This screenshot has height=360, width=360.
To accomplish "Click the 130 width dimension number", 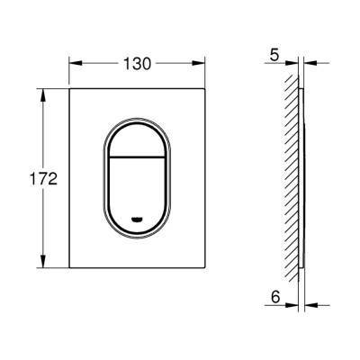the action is pyautogui.click(x=137, y=64).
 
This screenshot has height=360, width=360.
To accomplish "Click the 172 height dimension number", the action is pyautogui.click(x=43, y=179).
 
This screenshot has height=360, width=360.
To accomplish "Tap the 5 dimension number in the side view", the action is pyautogui.click(x=274, y=56).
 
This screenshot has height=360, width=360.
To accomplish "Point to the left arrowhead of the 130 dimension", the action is pyautogui.click(x=76, y=63).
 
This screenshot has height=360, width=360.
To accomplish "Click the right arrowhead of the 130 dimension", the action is pyautogui.click(x=199, y=63).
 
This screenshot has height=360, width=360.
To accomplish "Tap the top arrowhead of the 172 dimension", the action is pyautogui.click(x=43, y=95).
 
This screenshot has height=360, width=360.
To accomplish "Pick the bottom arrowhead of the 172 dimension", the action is pyautogui.click(x=43, y=261).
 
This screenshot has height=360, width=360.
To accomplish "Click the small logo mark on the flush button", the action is pyautogui.click(x=137, y=220).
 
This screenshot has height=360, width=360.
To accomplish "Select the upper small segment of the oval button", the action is pyautogui.click(x=137, y=140).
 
